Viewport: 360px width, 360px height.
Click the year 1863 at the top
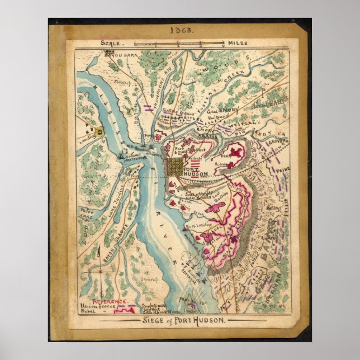[x=180, y=32]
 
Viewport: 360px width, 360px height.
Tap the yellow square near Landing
[x=100, y=132]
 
